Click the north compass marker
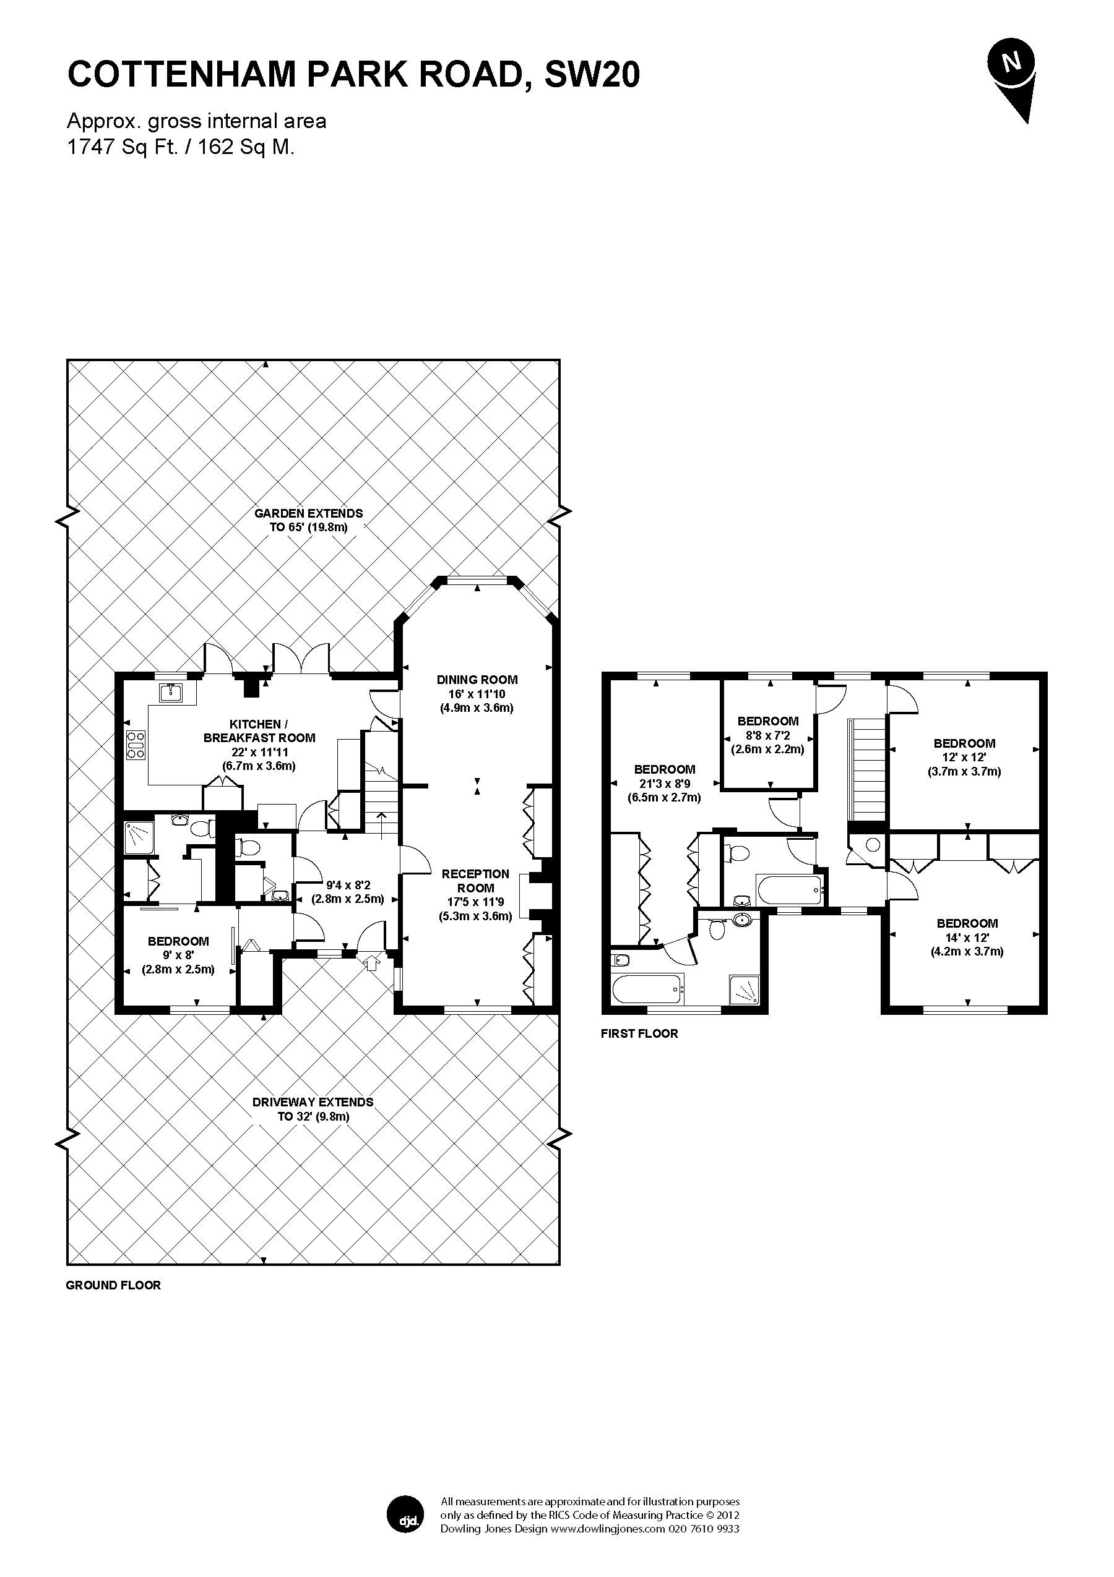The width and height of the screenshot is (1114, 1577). click(x=1011, y=81)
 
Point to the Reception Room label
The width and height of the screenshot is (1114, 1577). click(x=475, y=881)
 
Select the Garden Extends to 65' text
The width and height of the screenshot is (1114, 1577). click(x=309, y=520)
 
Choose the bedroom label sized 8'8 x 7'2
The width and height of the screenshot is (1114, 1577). click(x=767, y=721)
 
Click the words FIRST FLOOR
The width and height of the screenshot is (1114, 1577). click(x=639, y=1033)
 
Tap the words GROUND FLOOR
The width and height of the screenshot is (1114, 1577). click(x=113, y=1285)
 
